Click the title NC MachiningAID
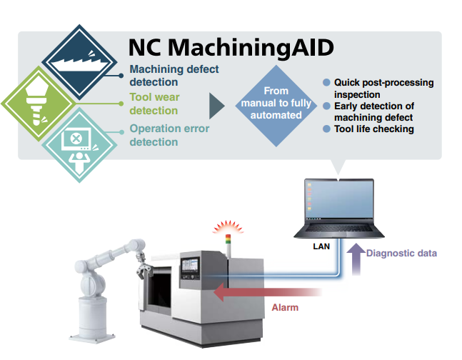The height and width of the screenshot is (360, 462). click(x=231, y=47)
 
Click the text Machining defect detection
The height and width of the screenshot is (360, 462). click(x=174, y=76)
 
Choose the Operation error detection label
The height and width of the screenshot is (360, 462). click(x=169, y=135)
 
